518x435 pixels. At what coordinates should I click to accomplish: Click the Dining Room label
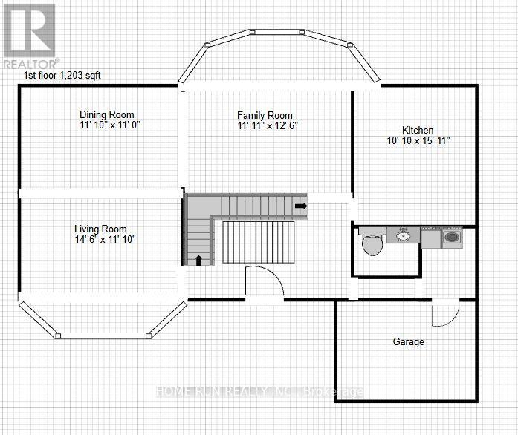[x=107, y=114]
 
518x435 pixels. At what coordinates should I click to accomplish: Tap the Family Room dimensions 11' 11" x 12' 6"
[x=265, y=126]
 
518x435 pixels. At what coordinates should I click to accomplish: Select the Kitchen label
[x=418, y=130]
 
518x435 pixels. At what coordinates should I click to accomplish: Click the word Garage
[x=409, y=342]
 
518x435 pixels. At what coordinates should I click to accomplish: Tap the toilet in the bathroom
[x=371, y=243]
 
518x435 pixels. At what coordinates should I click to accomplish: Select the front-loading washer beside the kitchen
[x=452, y=238]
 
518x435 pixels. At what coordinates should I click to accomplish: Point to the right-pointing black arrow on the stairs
[x=300, y=206]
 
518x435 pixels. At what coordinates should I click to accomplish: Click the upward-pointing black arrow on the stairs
[x=199, y=260]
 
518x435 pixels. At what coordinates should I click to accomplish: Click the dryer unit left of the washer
[x=430, y=238]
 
